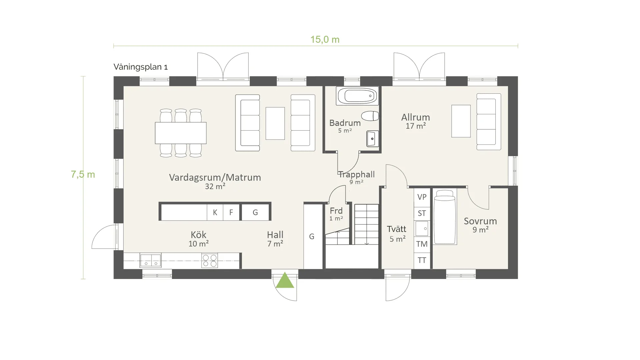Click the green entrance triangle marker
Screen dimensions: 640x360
[x=285, y=281]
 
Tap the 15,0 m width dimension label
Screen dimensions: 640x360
[x=325, y=40]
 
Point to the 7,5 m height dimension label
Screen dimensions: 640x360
[x=83, y=174]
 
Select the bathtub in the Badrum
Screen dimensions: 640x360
[x=357, y=96]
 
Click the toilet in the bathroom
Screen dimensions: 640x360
[x=370, y=116]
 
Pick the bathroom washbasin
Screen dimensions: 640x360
[x=372, y=139]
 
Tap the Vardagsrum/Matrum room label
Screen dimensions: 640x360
[x=215, y=177]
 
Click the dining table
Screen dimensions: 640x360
[x=181, y=133]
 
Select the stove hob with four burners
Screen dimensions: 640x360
[x=210, y=261]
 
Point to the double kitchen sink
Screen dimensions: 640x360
[x=151, y=260]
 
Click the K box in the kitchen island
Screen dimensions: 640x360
[x=215, y=212]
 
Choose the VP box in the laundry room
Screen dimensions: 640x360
[x=422, y=197]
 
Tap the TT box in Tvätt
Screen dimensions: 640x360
[x=422, y=260]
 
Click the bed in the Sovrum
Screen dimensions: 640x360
[x=445, y=217]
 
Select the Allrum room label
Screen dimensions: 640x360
[x=416, y=117]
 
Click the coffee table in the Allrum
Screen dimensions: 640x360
[x=461, y=121]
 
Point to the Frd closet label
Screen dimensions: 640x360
[x=336, y=211]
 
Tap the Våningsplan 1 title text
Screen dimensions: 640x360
[x=141, y=67]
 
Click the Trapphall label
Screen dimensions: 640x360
[x=357, y=174]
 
